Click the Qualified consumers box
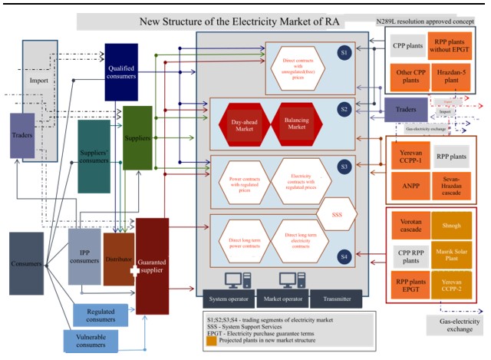[121, 71]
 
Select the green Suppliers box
[138, 138]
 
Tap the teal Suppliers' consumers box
[94, 156]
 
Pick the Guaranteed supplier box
[151, 265]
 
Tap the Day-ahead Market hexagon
[238, 127]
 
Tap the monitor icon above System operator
[232, 279]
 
